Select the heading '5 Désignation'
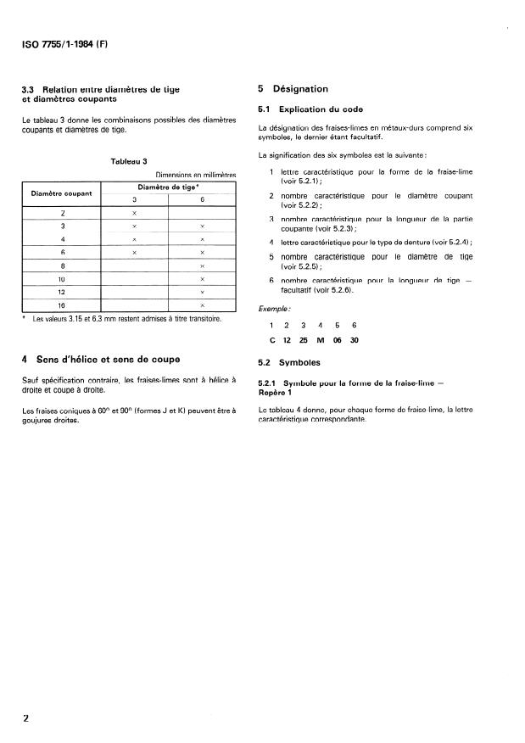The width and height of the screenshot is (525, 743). (x=293, y=89)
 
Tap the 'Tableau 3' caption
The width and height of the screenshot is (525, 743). (x=129, y=160)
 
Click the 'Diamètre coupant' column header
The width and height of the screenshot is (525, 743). (x=62, y=193)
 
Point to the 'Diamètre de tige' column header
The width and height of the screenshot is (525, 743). (x=168, y=187)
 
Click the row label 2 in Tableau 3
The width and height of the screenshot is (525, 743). (x=62, y=214)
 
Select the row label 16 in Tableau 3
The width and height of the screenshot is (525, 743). (x=62, y=304)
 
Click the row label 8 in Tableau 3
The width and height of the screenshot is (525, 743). (x=62, y=265)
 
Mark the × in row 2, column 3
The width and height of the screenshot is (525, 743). (x=134, y=214)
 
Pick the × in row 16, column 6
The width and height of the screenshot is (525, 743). (x=202, y=304)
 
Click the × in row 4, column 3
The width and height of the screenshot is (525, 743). (x=134, y=239)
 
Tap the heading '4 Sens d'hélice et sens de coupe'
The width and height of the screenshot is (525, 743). (x=100, y=359)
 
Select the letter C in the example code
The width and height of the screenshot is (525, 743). (x=272, y=340)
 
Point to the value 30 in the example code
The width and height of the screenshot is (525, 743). (x=354, y=340)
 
